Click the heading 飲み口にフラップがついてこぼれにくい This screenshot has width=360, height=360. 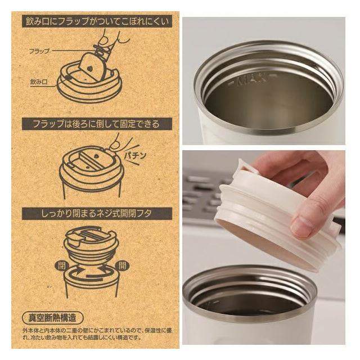click(97, 21)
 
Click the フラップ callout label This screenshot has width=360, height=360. click(39, 51)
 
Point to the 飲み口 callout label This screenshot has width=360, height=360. click(39, 82)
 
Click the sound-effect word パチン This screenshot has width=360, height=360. click(135, 156)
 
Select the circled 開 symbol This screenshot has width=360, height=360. click(123, 266)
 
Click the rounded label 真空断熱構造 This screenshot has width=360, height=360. click(52, 318)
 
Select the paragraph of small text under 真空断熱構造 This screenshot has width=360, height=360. click(97, 334)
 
